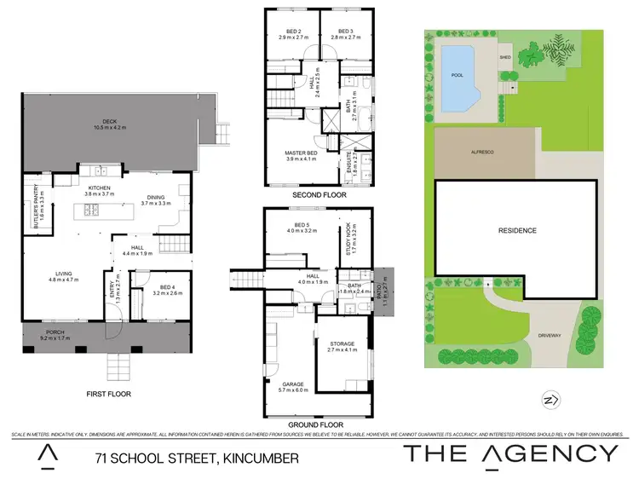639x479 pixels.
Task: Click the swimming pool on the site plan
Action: pos(459,74)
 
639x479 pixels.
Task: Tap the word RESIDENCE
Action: pos(517,230)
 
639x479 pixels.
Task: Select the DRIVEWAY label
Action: pos(550,336)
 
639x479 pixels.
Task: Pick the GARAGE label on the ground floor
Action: pos(294,384)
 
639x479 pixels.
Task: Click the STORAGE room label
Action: pos(342,344)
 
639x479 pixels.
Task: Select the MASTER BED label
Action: pos(300,154)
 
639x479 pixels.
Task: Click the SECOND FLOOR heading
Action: pos(318,195)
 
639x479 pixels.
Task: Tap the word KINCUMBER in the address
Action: pos(261,458)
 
